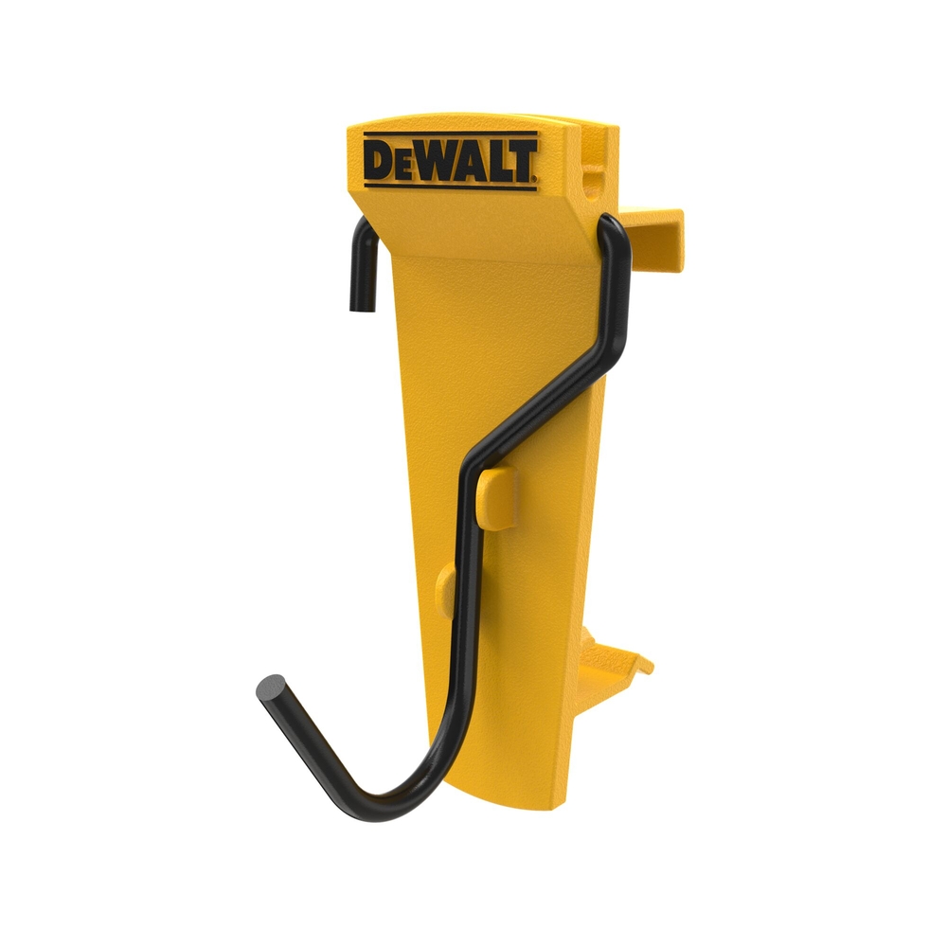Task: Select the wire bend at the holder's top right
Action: click(614, 232)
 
